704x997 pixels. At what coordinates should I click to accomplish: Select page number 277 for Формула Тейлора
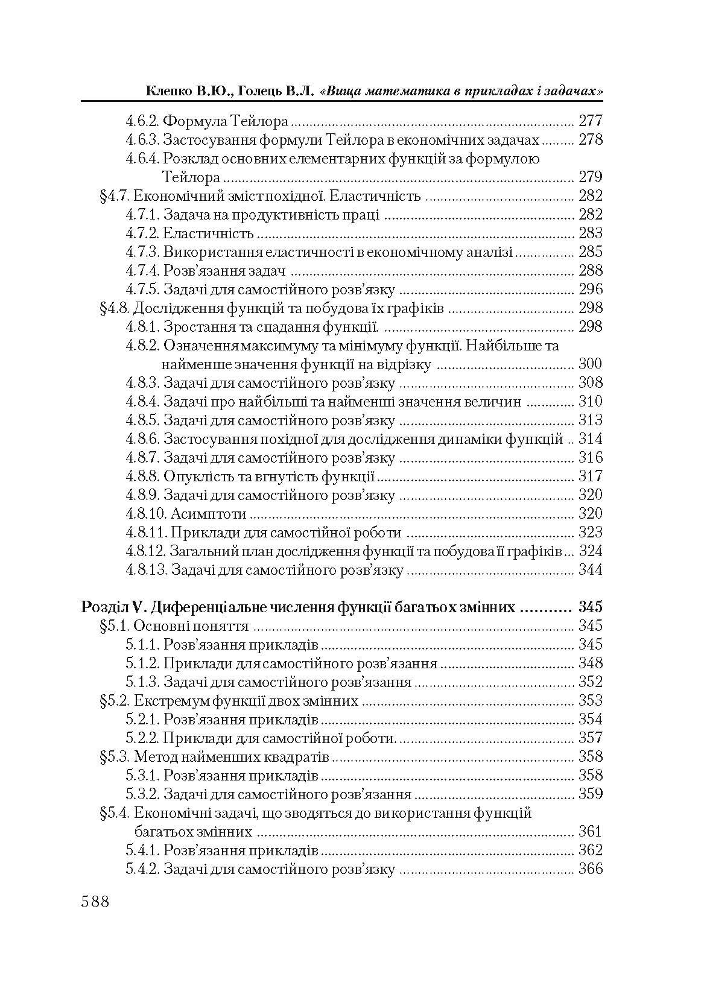tap(590, 121)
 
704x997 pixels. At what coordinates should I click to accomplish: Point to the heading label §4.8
tap(113, 308)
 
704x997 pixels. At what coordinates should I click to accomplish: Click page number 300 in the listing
tap(590, 364)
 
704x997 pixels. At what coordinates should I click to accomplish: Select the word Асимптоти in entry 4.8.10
tap(209, 514)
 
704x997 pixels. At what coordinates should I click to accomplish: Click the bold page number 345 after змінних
tap(590, 607)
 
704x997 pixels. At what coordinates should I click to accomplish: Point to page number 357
tap(590, 738)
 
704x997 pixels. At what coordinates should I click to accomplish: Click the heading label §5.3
tap(113, 757)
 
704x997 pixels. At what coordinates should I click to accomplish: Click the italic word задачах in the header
tap(576, 91)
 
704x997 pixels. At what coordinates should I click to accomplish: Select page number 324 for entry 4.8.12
tap(590, 551)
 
